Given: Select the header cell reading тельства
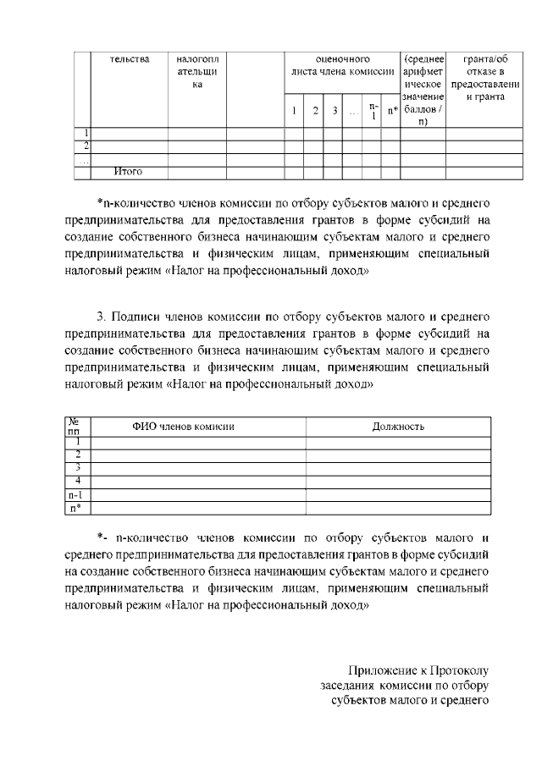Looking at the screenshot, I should point(130,59).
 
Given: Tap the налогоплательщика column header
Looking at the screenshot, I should point(196,72).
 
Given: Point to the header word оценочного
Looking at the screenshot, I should point(342,59).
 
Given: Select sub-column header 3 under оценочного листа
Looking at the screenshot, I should point(335,111).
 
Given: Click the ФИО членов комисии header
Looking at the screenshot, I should point(183,427).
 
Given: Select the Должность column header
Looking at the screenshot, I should point(398,427).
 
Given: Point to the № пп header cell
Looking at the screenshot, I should point(78,427).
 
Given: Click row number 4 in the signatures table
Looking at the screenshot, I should point(78,481).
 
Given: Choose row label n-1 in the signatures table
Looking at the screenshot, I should point(78,494).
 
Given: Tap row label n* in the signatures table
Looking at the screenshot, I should point(78,508).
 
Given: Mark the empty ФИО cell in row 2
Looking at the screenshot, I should point(198,455).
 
